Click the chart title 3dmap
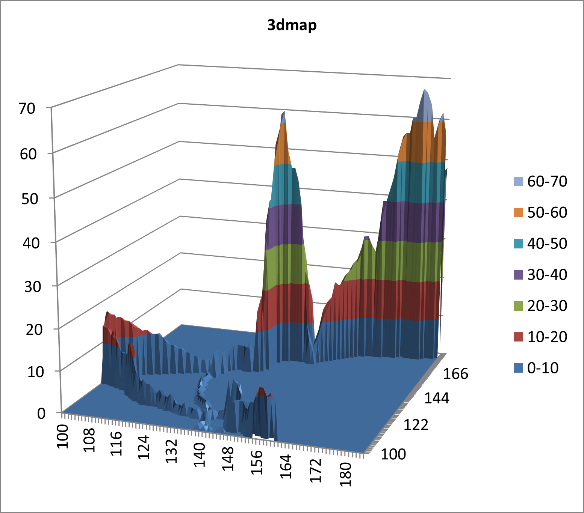pyautogui.click(x=292, y=25)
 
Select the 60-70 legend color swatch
pyautogui.click(x=518, y=182)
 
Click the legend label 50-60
pyautogui.click(x=547, y=212)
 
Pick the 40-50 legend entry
pyautogui.click(x=540, y=244)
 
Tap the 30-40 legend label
pyautogui.click(x=547, y=275)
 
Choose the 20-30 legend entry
pyautogui.click(x=540, y=306)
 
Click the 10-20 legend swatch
pyautogui.click(x=518, y=337)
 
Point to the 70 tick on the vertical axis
pyautogui.click(x=27, y=108)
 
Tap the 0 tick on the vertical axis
pyautogui.click(x=41, y=413)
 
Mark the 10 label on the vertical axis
pyautogui.click(x=36, y=372)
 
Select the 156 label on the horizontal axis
pyautogui.click(x=257, y=462)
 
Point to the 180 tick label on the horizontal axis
pyautogui.click(x=346, y=474)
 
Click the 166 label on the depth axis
pyautogui.click(x=456, y=374)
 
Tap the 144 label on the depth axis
pyautogui.click(x=437, y=398)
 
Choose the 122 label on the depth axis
pyautogui.click(x=416, y=425)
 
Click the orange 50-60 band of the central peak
pyautogui.click(x=283, y=146)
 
